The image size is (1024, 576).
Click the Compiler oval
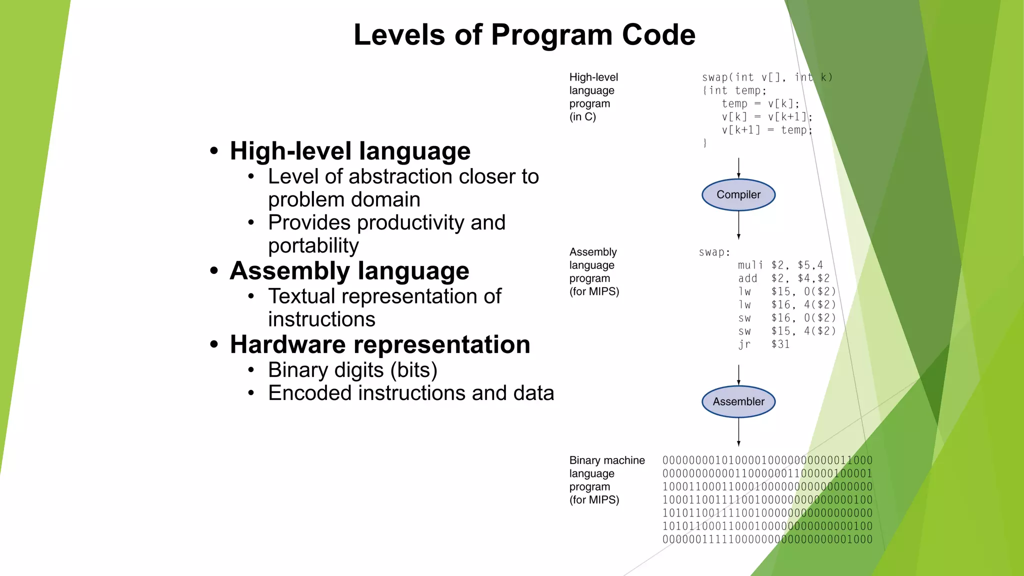tap(738, 194)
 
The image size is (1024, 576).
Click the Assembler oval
tap(738, 401)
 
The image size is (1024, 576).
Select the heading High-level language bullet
tap(349, 151)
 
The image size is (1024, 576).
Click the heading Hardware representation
tap(379, 344)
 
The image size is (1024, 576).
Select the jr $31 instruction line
tap(764, 344)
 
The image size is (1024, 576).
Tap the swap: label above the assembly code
tap(714, 252)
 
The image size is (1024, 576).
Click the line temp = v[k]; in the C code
tap(760, 104)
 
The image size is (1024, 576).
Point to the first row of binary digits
tap(767, 460)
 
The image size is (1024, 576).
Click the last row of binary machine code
tap(767, 539)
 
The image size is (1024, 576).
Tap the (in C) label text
tap(582, 117)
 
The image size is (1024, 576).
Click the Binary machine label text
tap(606, 460)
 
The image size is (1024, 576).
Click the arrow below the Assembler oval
tap(738, 432)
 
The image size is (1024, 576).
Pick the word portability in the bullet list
tap(313, 245)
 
